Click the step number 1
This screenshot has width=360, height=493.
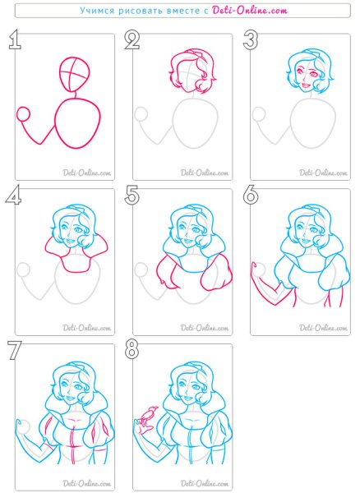click(15, 40)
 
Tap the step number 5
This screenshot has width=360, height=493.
click(132, 195)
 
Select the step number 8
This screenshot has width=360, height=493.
click(132, 350)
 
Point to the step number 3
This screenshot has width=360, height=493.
click(251, 40)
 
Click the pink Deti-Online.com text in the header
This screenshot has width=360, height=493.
click(250, 11)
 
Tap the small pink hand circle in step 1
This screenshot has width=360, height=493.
click(23, 114)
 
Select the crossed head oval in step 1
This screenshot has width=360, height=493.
click(74, 74)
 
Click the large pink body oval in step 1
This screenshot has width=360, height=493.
click(77, 122)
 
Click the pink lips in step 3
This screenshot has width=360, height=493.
click(305, 85)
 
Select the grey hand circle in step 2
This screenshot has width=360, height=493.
click(141, 114)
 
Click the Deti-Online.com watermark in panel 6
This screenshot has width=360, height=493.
click(323, 328)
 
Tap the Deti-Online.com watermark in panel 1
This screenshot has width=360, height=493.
click(87, 173)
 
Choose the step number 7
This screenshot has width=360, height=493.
click(15, 350)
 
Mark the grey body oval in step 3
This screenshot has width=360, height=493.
click(313, 122)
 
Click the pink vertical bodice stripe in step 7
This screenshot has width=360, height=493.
click(73, 445)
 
